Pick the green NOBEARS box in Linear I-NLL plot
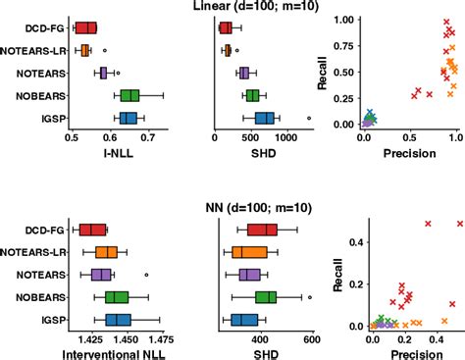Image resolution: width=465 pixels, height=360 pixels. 129,95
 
